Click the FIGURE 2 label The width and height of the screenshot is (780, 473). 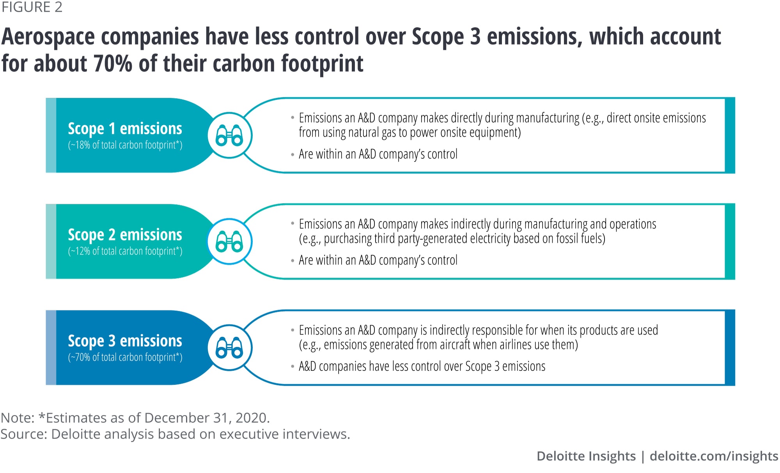32,7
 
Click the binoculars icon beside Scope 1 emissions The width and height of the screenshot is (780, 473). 229,135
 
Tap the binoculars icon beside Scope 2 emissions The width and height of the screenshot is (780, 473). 229,241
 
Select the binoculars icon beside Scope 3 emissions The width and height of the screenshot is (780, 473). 229,347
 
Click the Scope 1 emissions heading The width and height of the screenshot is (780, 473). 125,128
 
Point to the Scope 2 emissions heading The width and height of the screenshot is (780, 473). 125,234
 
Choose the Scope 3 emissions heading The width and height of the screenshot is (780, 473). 125,340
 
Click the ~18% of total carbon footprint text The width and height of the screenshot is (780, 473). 125,145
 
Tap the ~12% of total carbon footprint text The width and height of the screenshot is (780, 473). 125,251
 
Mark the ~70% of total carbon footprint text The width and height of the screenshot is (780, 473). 125,357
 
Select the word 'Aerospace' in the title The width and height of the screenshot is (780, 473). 48,37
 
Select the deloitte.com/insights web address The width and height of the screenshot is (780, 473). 714,456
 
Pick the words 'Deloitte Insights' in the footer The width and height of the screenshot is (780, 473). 586,456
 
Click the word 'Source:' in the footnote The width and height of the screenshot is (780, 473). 23,434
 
